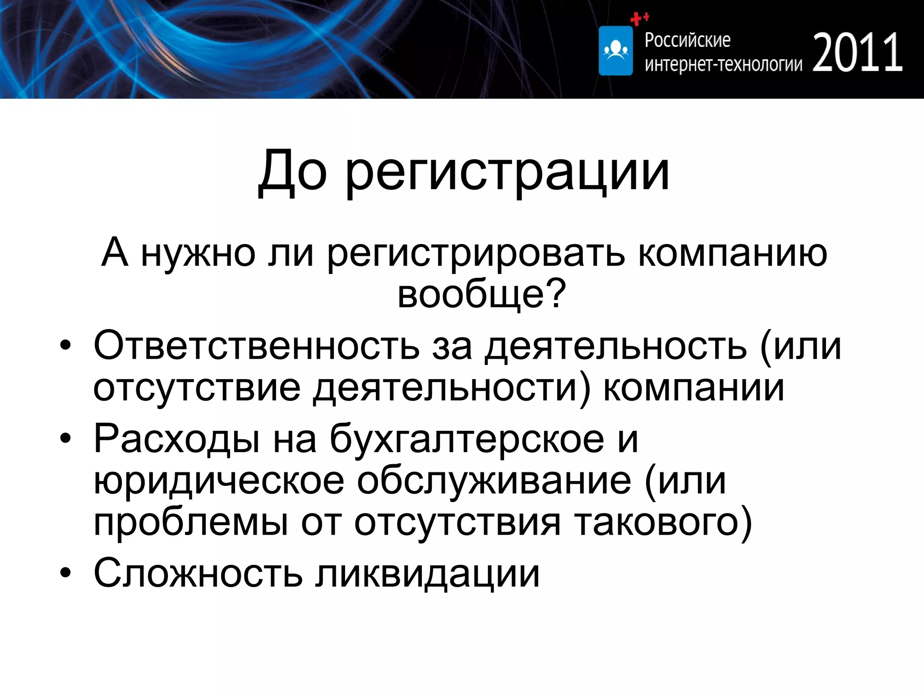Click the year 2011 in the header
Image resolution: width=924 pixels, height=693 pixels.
[x=857, y=53]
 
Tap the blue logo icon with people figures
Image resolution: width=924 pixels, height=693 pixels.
[x=616, y=51]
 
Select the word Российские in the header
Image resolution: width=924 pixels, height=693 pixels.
[x=687, y=41]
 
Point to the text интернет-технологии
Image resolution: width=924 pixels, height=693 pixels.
[x=723, y=65]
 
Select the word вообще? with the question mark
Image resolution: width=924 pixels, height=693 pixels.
[x=481, y=295]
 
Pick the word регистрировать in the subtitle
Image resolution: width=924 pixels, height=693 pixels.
[x=476, y=253]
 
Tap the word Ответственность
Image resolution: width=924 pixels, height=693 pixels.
[x=256, y=346]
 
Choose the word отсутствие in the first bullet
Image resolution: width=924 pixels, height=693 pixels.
[x=197, y=388]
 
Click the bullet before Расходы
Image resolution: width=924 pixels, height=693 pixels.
[x=66, y=438]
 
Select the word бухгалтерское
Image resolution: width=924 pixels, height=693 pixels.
[x=467, y=439]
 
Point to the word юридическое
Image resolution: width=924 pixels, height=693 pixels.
[x=219, y=481]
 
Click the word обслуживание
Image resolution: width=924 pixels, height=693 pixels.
[x=494, y=481]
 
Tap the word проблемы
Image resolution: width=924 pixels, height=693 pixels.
[x=191, y=522]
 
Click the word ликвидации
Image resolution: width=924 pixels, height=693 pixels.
[x=427, y=573]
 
